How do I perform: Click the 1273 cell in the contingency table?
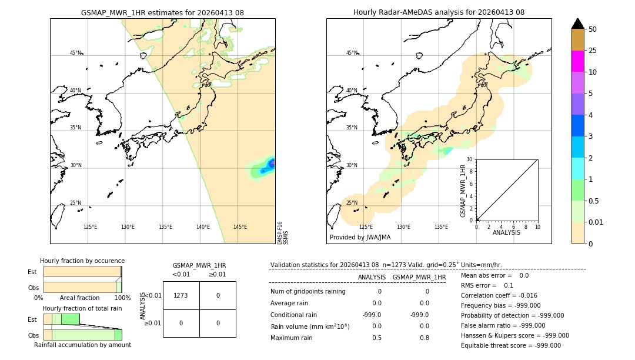click(181, 295)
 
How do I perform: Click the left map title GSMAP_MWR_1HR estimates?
click(162, 12)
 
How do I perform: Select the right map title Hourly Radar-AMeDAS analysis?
click(439, 12)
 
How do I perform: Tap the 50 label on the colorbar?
click(593, 29)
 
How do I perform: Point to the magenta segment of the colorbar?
click(578, 61)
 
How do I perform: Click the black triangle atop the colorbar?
click(578, 24)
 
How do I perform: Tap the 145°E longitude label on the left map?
click(240, 227)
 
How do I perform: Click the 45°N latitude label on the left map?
click(76, 53)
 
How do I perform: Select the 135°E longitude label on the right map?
click(441, 227)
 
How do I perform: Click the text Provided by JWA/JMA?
click(360, 238)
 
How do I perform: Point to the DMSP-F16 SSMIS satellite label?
click(282, 232)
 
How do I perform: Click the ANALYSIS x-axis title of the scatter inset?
click(506, 232)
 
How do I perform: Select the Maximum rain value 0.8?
click(424, 338)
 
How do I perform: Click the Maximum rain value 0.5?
click(376, 338)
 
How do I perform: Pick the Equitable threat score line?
click(510, 346)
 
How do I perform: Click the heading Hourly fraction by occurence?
click(82, 261)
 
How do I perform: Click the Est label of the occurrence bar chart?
click(32, 272)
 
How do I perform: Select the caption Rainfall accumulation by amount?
click(82, 345)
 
